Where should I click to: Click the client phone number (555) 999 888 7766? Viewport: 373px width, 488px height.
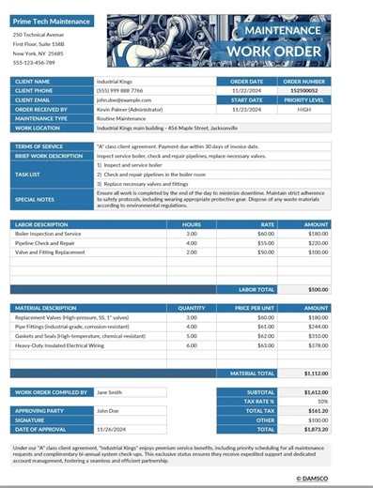tap(120, 91)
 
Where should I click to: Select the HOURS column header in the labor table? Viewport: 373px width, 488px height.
tap(192, 224)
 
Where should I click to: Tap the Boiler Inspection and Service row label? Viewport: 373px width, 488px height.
tap(48, 234)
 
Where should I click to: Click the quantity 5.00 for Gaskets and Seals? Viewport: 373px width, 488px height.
tap(192, 335)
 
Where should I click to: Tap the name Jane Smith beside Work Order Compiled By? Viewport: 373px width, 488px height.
tap(109, 392)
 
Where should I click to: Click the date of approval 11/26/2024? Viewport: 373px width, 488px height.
tap(111, 429)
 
